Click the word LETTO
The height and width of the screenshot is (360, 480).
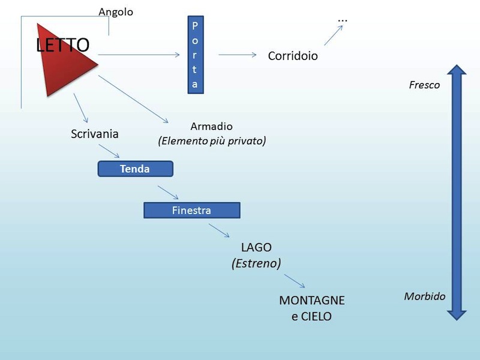pyautogui.click(x=62, y=45)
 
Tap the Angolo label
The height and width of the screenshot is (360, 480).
pyautogui.click(x=116, y=12)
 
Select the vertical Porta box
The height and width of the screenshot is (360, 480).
pyautogui.click(x=194, y=55)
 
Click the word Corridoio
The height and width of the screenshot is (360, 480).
pyautogui.click(x=293, y=56)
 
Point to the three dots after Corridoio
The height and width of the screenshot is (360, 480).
pyautogui.click(x=343, y=20)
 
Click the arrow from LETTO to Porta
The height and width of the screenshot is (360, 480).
pyautogui.click(x=139, y=55)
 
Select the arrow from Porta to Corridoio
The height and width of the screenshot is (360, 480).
pyautogui.click(x=238, y=55)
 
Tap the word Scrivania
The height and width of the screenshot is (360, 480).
pyautogui.click(x=95, y=134)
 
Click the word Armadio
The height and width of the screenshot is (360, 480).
pyautogui.click(x=211, y=127)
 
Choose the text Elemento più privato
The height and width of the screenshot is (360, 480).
pyautogui.click(x=212, y=141)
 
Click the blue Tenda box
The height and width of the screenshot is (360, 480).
pyautogui.click(x=135, y=169)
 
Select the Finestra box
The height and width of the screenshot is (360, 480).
pyautogui.click(x=191, y=210)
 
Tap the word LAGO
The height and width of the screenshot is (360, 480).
pyautogui.click(x=256, y=247)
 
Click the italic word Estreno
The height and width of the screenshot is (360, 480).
pyautogui.click(x=256, y=263)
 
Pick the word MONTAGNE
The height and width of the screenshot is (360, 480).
pyautogui.click(x=312, y=301)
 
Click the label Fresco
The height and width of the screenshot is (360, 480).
pyautogui.click(x=424, y=85)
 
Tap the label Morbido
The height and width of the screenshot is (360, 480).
pyautogui.click(x=424, y=296)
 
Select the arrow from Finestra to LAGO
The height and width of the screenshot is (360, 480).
pyautogui.click(x=219, y=231)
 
